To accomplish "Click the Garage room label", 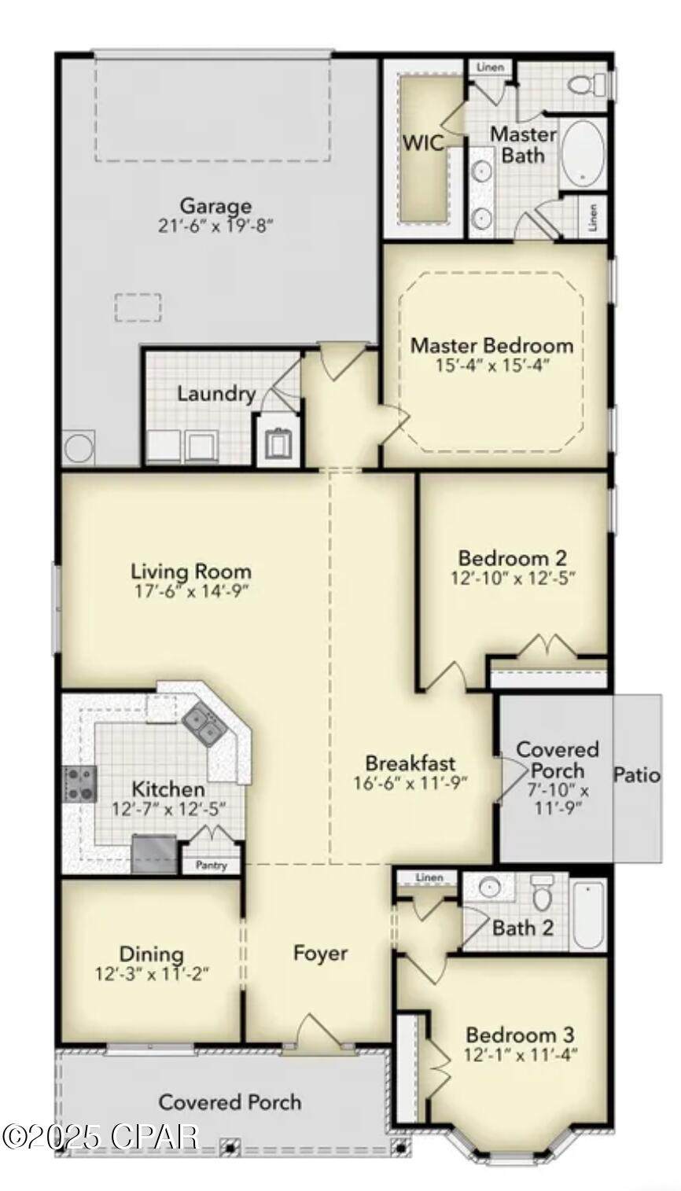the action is tap(215, 205).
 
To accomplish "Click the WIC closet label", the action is tap(423, 143).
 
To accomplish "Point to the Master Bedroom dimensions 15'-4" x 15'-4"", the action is tap(492, 366).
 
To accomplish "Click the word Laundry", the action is tap(216, 394).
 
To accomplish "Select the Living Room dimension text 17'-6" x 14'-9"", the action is tap(191, 590).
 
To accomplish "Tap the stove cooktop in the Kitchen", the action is tap(80, 784).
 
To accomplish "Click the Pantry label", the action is tap(211, 866).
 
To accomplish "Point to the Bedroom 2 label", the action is tap(513, 558).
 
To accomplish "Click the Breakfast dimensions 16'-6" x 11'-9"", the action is tap(410, 783).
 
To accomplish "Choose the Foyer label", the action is tap(320, 953).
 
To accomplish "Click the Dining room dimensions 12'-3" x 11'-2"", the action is tap(152, 974).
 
